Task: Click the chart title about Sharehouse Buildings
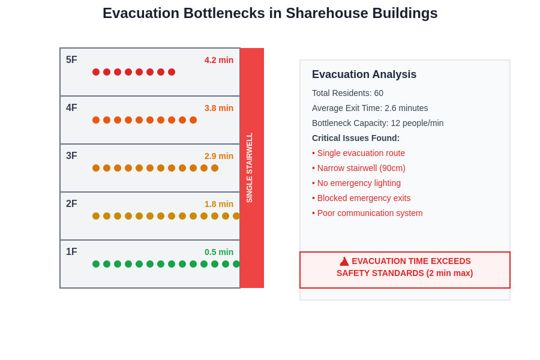pos(270,13)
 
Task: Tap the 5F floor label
pos(71,60)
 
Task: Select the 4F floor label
pos(71,108)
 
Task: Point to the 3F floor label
pos(71,156)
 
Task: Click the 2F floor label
pos(71,204)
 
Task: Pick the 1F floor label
pos(71,252)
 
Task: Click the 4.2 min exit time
pos(219,60)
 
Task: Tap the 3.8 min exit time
pos(219,108)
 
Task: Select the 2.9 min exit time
pos(219,156)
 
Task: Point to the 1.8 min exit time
pos(219,204)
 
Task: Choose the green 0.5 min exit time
pos(219,252)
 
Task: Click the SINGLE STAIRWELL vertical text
pos(250,168)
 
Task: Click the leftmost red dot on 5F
pos(96,72)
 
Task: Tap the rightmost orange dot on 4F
pos(193,120)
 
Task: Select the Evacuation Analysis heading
pos(364,74)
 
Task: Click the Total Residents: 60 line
pos(347,93)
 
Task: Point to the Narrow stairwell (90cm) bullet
pos(359,168)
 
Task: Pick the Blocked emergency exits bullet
pos(361,198)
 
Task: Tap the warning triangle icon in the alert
pos(344,262)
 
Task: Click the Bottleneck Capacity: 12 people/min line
pos(378,123)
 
